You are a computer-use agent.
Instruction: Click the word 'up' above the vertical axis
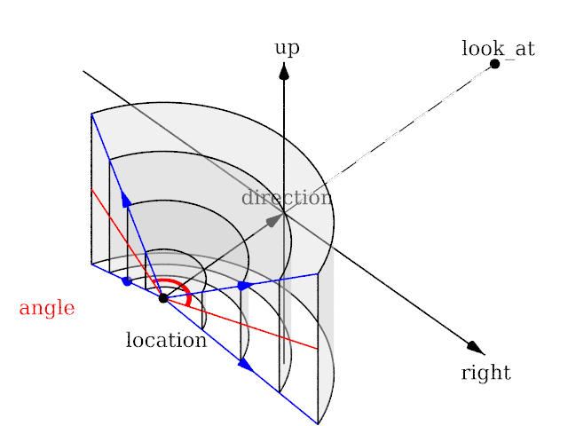[286, 48]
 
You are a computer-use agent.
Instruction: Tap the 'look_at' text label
[498, 49]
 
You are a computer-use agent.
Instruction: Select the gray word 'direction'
[287, 197]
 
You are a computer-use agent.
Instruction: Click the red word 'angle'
[46, 309]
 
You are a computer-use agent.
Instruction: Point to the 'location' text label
[166, 340]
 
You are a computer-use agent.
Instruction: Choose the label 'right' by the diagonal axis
[485, 373]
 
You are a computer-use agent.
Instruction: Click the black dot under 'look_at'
[494, 64]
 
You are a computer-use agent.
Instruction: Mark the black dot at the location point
[163, 298]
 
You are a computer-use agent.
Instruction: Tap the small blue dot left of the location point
[127, 281]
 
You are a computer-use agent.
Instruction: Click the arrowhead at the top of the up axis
[284, 71]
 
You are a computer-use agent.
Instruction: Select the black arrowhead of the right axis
[476, 347]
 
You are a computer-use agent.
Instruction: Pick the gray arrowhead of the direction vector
[274, 220]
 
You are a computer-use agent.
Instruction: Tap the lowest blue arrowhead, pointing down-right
[245, 364]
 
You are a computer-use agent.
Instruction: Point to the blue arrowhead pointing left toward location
[243, 286]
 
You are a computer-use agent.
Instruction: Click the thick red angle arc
[183, 287]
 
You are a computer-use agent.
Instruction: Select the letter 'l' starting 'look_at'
[464, 48]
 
